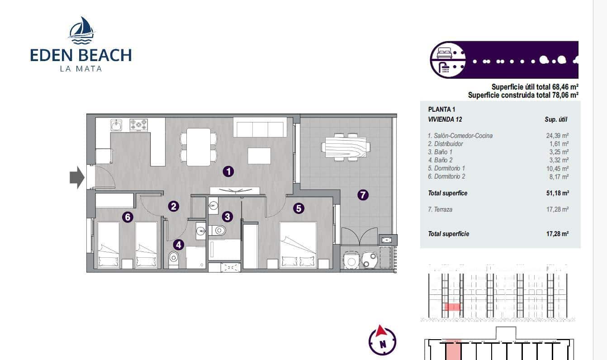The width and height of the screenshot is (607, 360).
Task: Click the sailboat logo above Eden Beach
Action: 81,30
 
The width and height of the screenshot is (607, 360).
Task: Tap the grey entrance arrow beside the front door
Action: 77,177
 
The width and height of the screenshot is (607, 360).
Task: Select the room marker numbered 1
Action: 228,171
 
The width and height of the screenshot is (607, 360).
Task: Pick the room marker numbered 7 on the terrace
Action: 363,195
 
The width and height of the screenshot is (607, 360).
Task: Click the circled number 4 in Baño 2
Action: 179,245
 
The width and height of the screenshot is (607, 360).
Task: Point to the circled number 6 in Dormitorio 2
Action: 128,217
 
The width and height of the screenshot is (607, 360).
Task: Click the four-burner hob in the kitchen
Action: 139,125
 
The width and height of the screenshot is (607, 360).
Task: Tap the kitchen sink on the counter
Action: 117,125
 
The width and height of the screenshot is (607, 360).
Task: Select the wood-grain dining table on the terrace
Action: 346,147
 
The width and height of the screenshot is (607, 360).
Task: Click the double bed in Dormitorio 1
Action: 298,245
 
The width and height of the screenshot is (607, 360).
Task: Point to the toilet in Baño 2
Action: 173,259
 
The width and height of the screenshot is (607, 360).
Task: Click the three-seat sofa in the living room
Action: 260,127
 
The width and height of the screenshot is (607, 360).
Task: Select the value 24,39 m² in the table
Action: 557,135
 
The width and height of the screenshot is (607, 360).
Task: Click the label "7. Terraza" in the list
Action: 440,209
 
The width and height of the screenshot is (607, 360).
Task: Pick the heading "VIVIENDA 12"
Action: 445,119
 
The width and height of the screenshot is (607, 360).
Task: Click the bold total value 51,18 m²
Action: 557,193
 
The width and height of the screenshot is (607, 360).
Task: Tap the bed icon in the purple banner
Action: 445,53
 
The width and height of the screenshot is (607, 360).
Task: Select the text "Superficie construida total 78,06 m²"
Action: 523,95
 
